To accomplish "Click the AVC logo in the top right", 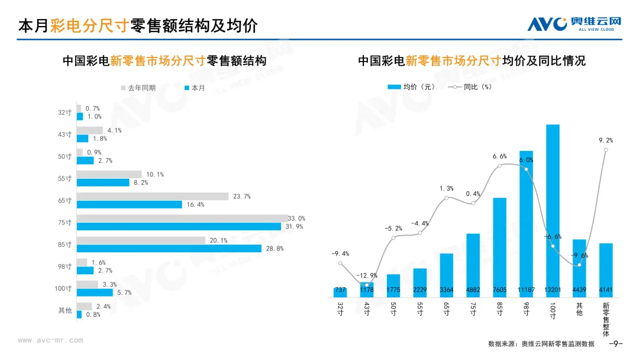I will point(575,24).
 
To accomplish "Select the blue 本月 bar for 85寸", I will point(169,249).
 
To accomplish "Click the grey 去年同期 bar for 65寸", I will point(152,196).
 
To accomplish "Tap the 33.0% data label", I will point(296,218).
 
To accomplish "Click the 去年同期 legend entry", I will point(138,88).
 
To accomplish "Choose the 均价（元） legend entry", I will point(411,86).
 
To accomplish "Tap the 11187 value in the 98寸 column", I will point(526,290).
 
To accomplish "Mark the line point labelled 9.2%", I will point(606,150).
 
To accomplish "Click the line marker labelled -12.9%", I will point(367,285).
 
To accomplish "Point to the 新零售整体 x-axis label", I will point(606,320).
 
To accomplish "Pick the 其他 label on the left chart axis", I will point(64,310).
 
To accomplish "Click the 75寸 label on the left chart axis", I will point(64,223).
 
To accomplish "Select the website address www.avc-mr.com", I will point(50,340).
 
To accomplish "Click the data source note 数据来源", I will point(541,344).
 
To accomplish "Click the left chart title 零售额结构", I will point(164,61).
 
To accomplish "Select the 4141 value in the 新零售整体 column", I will point(606,290).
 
